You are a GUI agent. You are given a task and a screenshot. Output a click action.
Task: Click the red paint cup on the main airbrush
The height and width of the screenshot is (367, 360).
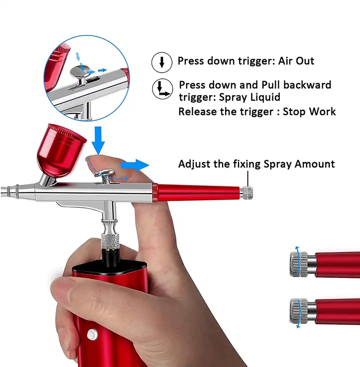(61, 150)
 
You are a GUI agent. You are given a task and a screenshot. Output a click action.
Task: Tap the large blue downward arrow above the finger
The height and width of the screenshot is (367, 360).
(98, 140)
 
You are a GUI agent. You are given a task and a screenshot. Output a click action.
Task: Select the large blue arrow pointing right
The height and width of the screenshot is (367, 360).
(135, 165)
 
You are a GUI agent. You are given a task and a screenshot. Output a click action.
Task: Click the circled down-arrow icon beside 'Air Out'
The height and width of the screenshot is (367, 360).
(162, 62)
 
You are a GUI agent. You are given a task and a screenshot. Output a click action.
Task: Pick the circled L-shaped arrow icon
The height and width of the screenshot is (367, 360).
(163, 89)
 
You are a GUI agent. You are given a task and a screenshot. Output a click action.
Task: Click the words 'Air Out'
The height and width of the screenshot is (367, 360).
(296, 61)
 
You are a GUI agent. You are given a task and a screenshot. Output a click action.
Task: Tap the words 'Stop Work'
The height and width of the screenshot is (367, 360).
(309, 111)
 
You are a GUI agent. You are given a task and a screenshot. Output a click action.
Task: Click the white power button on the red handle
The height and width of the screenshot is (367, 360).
(92, 334)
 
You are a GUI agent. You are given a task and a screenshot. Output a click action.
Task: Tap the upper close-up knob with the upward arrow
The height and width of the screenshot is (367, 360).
(299, 264)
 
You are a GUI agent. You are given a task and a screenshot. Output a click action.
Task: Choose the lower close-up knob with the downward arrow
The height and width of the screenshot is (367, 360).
(299, 311)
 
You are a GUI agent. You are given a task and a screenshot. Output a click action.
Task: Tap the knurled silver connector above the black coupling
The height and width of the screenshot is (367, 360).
(110, 241)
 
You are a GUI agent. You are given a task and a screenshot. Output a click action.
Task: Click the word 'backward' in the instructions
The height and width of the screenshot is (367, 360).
(307, 85)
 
